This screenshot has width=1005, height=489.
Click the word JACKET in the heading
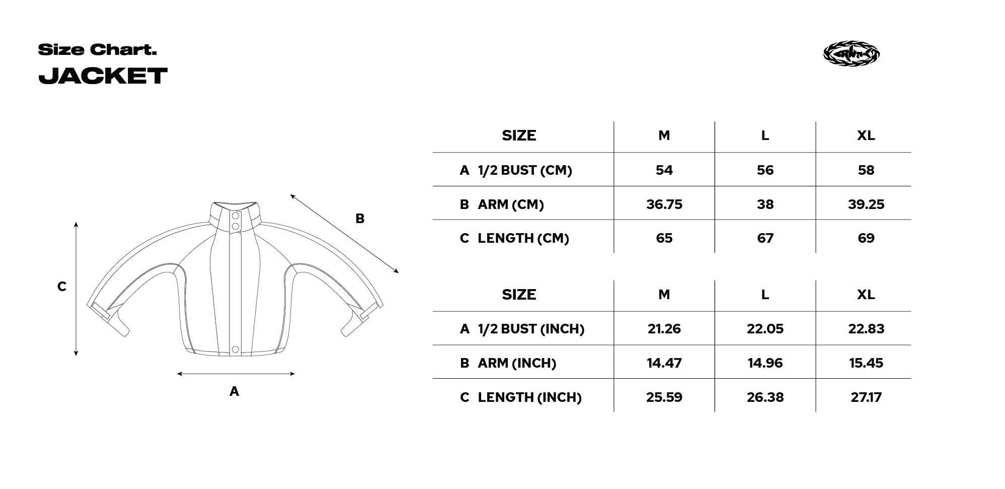pyautogui.click(x=103, y=76)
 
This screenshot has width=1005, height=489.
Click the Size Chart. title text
pyautogui.click(x=97, y=50)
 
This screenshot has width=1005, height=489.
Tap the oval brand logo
pyautogui.click(x=851, y=53)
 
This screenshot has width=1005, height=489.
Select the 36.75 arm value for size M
pyautogui.click(x=664, y=204)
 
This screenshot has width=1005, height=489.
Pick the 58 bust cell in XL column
pyautogui.click(x=866, y=170)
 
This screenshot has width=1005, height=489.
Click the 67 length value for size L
pyautogui.click(x=764, y=238)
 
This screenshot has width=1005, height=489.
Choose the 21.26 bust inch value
pyautogui.click(x=664, y=329)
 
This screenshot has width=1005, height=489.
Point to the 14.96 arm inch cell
pyautogui.click(x=764, y=363)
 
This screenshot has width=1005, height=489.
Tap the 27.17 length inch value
pyautogui.click(x=866, y=397)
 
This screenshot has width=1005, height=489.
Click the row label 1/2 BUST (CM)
pyautogui.click(x=524, y=170)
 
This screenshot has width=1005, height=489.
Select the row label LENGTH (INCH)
pyautogui.click(x=529, y=397)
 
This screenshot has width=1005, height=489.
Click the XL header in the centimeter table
pyautogui.click(x=866, y=135)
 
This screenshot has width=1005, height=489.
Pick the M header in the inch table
pyautogui.click(x=664, y=295)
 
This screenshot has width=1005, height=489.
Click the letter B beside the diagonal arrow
pyautogui.click(x=359, y=219)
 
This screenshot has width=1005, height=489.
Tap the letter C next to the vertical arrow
pyautogui.click(x=61, y=287)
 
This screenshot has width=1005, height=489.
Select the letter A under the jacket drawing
pyautogui.click(x=234, y=391)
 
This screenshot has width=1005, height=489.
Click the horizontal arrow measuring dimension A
pyautogui.click(x=236, y=374)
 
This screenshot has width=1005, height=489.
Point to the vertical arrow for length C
pyautogui.click(x=76, y=289)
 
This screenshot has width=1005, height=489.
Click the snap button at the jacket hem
pyautogui.click(x=235, y=349)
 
